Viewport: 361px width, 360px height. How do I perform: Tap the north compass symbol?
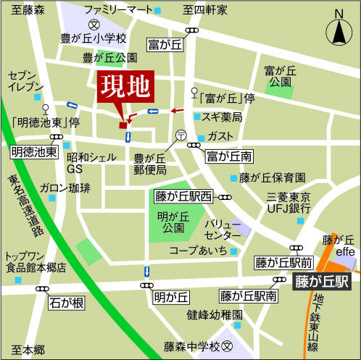point(338,30)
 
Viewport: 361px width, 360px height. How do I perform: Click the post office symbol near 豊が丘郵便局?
point(181,134)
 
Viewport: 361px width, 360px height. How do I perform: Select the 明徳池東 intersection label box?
point(34,152)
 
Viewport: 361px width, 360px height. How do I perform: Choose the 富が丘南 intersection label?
point(229,155)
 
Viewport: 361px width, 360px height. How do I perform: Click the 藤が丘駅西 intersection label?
point(183,196)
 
